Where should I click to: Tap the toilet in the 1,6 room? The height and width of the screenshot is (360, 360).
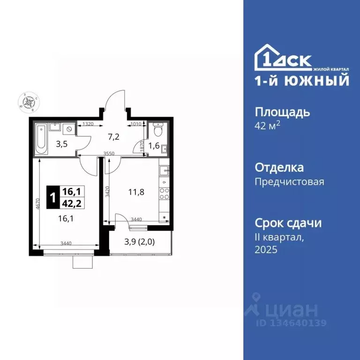click(x=157, y=128)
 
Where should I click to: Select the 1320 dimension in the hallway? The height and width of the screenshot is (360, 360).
click(x=88, y=124)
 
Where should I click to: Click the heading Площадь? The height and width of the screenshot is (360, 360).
click(x=282, y=112)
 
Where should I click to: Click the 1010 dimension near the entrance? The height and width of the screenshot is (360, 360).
click(x=135, y=124)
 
